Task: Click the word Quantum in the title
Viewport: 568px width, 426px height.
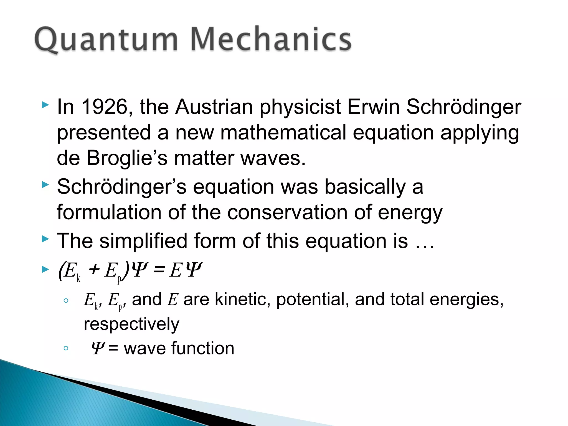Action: (x=105, y=40)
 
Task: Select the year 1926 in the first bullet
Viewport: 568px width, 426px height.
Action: (x=105, y=107)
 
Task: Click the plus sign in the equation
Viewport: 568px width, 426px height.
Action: (x=94, y=269)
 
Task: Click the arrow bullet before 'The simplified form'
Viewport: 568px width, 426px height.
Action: (x=45, y=239)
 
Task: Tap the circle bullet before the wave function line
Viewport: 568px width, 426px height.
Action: (x=66, y=348)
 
